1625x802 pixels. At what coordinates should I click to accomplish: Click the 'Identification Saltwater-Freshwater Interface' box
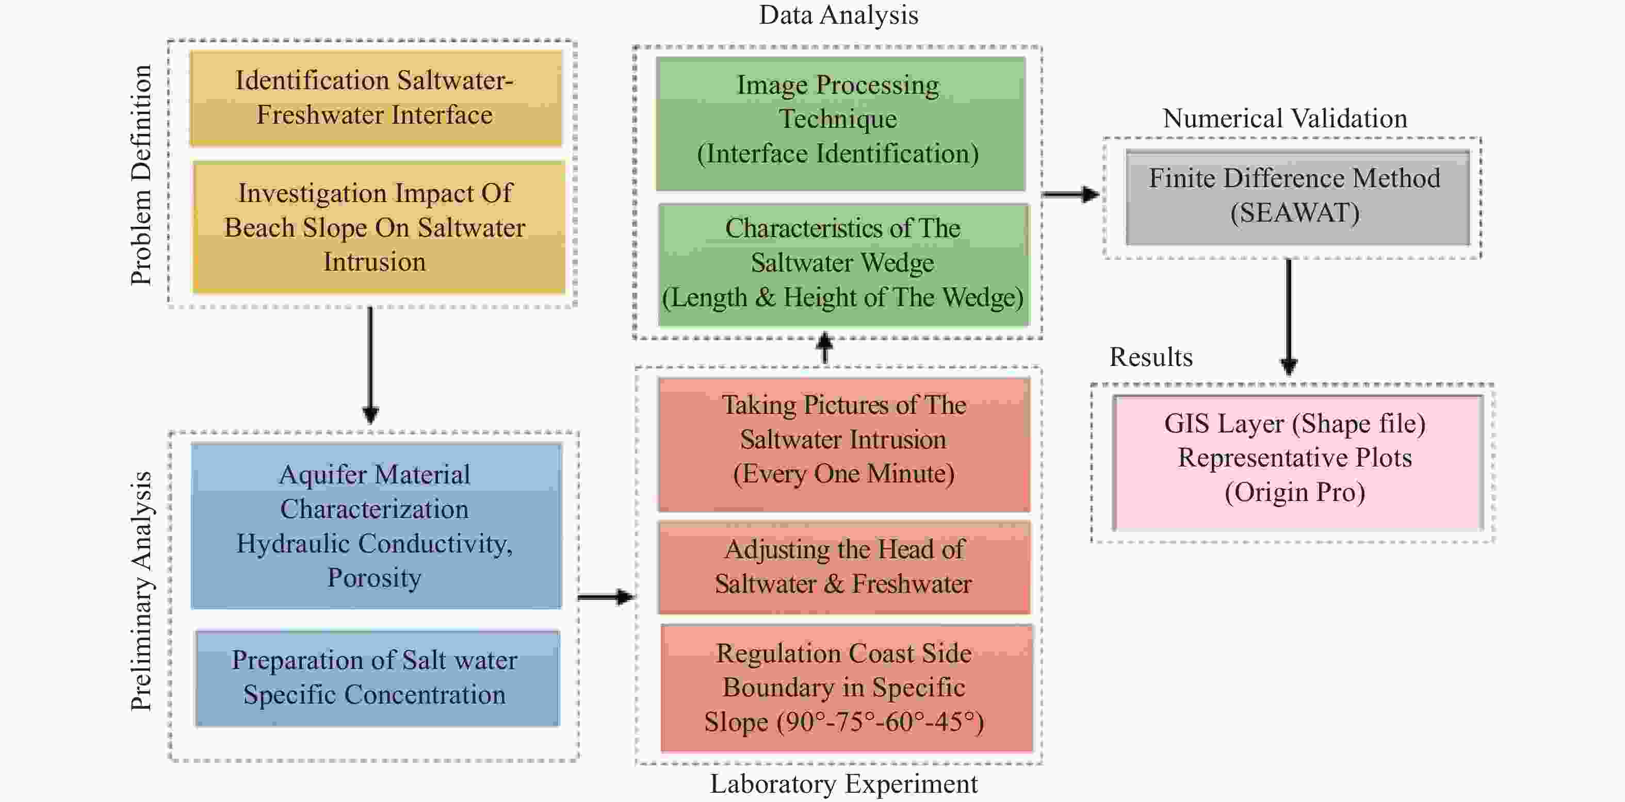coord(376,98)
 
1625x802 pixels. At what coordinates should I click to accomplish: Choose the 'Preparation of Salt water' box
coord(377,678)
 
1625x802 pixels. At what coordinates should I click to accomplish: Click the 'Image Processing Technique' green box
coord(840,124)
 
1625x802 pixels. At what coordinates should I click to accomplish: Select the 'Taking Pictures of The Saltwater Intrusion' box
coord(843,444)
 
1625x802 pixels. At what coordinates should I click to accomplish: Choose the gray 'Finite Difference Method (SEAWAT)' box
coord(1297,197)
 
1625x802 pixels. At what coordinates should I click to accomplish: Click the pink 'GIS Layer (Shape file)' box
coord(1297,462)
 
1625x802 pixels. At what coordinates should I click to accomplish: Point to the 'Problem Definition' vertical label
coord(141,175)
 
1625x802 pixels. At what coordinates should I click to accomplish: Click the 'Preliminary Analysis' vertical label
coord(141,591)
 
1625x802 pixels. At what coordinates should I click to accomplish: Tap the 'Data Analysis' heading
coord(838,15)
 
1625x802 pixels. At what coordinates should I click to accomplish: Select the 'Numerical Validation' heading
coord(1285,119)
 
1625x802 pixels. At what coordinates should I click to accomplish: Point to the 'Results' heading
coord(1150,357)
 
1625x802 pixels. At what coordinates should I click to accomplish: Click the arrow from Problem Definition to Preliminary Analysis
coord(370,365)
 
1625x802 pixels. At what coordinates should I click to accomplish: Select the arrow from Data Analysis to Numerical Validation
coord(1070,194)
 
